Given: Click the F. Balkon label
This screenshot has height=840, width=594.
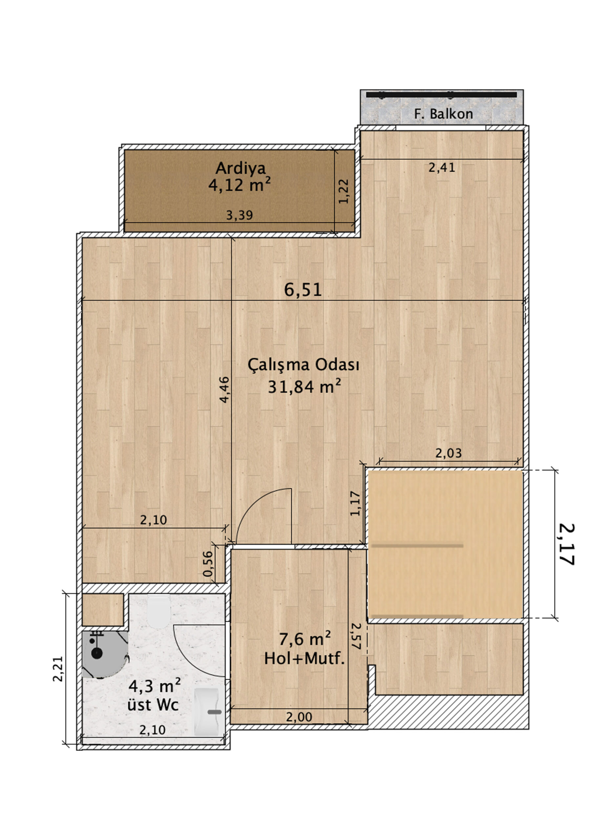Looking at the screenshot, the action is (443, 114).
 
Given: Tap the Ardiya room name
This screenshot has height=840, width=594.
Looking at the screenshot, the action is (240, 168).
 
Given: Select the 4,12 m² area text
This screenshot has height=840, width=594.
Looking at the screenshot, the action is (240, 185).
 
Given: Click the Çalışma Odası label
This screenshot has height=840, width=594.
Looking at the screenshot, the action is (304, 365).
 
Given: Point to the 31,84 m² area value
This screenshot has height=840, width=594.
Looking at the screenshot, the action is (305, 386).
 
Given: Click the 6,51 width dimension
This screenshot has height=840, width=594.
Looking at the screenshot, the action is (303, 290).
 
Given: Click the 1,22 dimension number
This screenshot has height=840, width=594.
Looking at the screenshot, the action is (344, 191).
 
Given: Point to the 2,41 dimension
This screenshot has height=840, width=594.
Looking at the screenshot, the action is (442, 168).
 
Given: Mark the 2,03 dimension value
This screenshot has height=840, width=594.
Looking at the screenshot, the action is (448, 453).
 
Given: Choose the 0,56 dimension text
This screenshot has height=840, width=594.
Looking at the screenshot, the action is (207, 563).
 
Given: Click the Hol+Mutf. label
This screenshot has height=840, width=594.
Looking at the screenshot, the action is (305, 659).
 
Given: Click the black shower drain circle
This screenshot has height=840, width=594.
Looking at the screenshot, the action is (96, 653).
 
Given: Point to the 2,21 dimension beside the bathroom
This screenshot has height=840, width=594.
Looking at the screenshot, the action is (58, 669).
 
